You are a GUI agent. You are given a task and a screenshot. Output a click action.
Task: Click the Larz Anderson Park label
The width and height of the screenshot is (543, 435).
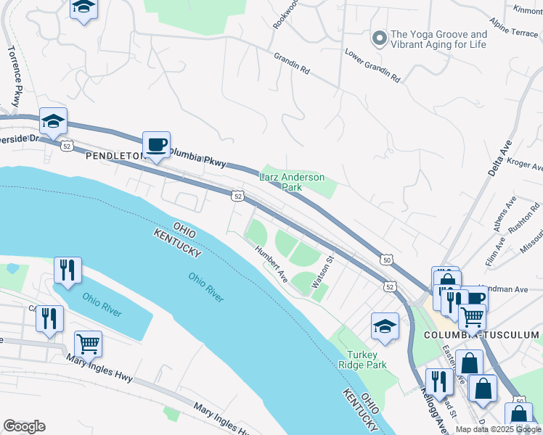pos(292,182)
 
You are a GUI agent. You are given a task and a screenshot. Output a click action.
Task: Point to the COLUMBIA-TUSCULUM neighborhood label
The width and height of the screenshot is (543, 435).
pos(481,335)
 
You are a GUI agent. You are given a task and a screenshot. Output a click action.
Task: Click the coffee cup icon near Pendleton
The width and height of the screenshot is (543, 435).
pos(156,144)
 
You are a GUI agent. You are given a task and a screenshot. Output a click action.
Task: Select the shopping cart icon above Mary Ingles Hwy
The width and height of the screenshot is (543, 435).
pos(88,344)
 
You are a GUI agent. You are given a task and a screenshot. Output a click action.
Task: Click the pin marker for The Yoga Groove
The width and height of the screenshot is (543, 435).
pos(377,38)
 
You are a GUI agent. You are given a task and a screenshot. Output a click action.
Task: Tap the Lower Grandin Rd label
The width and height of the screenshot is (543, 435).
pos(372,65)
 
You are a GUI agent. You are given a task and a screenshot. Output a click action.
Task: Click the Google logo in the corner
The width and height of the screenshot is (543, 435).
pos(24,426)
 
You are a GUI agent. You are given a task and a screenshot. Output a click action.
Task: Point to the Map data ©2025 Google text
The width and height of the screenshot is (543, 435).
pos(498,429)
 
